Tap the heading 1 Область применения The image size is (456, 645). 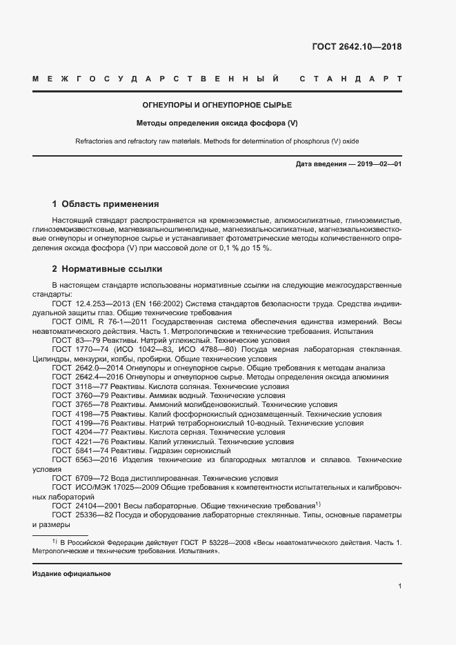pos(106,204)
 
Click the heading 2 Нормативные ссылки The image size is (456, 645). pos(107,268)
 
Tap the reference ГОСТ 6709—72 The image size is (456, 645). pos(76,478)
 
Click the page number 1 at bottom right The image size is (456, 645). pos(399,586)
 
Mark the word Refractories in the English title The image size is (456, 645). pos(95,141)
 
